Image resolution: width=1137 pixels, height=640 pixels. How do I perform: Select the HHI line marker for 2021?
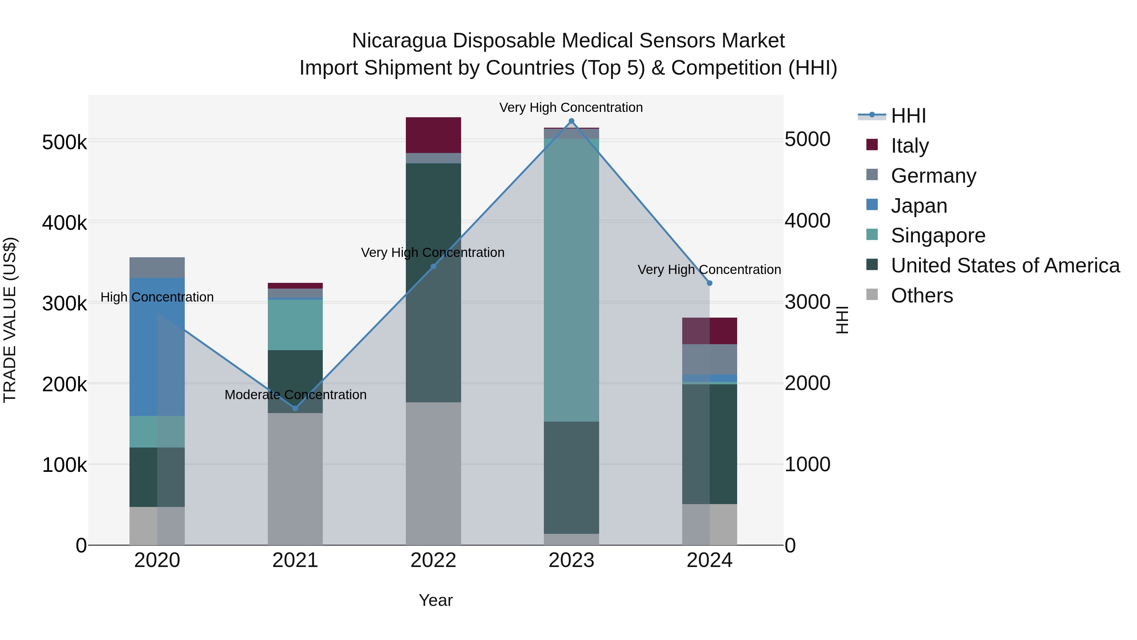point(295,408)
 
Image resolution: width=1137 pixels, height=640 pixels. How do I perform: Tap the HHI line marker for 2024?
point(709,283)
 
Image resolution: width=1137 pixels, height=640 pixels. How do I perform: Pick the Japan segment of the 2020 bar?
point(157,347)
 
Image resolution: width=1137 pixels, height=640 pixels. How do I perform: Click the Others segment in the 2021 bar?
point(295,479)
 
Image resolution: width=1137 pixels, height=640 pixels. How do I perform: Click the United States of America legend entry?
point(1005,265)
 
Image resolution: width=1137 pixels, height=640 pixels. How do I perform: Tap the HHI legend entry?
point(908,116)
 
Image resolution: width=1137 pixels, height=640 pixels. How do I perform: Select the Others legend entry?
point(922,296)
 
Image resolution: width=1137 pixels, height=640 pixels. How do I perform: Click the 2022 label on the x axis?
point(433,560)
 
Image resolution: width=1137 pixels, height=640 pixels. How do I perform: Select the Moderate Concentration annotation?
point(295,394)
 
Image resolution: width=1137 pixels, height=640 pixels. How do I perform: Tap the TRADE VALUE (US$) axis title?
point(10,320)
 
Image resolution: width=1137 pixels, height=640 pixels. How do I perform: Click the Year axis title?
point(435,600)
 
